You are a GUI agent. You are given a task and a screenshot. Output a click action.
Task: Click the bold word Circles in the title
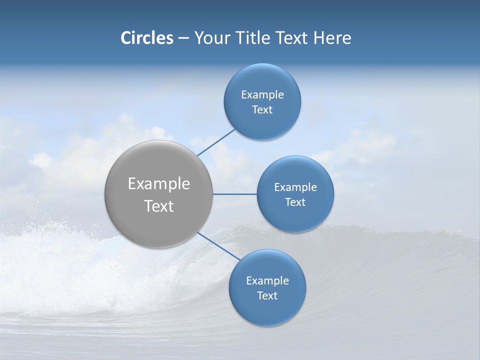click(x=147, y=38)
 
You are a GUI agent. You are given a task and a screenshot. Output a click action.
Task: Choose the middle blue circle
click(x=295, y=217)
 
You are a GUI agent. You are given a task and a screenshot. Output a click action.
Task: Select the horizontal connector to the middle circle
click(x=235, y=194)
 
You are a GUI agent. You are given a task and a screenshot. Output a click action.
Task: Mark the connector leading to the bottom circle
click(x=218, y=246)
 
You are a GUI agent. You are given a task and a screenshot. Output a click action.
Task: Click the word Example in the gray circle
click(x=159, y=184)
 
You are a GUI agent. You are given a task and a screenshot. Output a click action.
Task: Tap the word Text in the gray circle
click(x=159, y=206)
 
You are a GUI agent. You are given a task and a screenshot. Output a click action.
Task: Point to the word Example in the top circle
click(x=262, y=95)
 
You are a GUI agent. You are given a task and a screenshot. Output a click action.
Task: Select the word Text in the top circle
click(x=262, y=110)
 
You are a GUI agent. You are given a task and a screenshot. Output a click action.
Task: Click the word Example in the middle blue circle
click(x=295, y=187)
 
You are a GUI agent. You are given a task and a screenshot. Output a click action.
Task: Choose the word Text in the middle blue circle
click(x=295, y=202)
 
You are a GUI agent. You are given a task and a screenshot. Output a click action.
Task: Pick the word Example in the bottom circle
click(x=267, y=281)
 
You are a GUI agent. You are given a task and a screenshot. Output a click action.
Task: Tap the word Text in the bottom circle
click(x=267, y=296)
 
